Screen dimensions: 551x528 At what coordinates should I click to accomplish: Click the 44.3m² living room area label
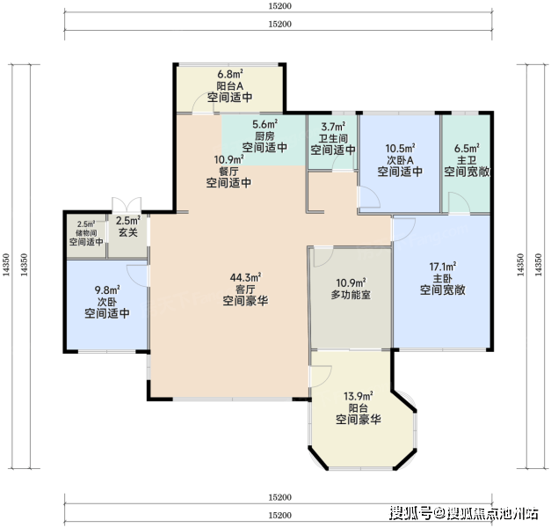click(x=245, y=277)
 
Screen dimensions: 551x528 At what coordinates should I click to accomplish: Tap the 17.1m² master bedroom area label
click(x=442, y=267)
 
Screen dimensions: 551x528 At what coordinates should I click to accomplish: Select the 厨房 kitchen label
click(x=265, y=136)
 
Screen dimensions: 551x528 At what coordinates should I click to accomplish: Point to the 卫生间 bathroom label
click(x=333, y=138)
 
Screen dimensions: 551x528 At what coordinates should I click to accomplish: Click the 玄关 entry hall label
click(x=128, y=232)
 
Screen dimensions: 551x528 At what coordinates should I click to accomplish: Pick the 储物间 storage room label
click(x=86, y=233)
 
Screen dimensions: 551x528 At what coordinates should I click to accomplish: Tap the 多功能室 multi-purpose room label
click(x=351, y=295)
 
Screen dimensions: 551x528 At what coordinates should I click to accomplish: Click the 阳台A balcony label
click(x=230, y=86)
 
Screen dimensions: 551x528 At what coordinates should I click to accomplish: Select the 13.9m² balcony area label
click(x=358, y=396)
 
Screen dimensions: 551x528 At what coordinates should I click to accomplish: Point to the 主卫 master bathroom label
click(x=467, y=160)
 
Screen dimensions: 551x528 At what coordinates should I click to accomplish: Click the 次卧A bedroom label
click(x=400, y=160)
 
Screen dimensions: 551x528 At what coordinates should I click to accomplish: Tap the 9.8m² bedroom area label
click(x=107, y=290)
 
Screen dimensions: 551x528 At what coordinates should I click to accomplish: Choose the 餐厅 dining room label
click(x=228, y=172)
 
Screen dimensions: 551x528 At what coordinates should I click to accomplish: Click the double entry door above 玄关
click(x=127, y=205)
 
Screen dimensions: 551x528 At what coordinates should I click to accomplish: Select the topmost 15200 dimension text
click(x=280, y=6)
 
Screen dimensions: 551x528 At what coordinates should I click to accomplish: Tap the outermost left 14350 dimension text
click(x=6, y=265)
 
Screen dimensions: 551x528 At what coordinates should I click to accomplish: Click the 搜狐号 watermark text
click(x=410, y=513)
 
